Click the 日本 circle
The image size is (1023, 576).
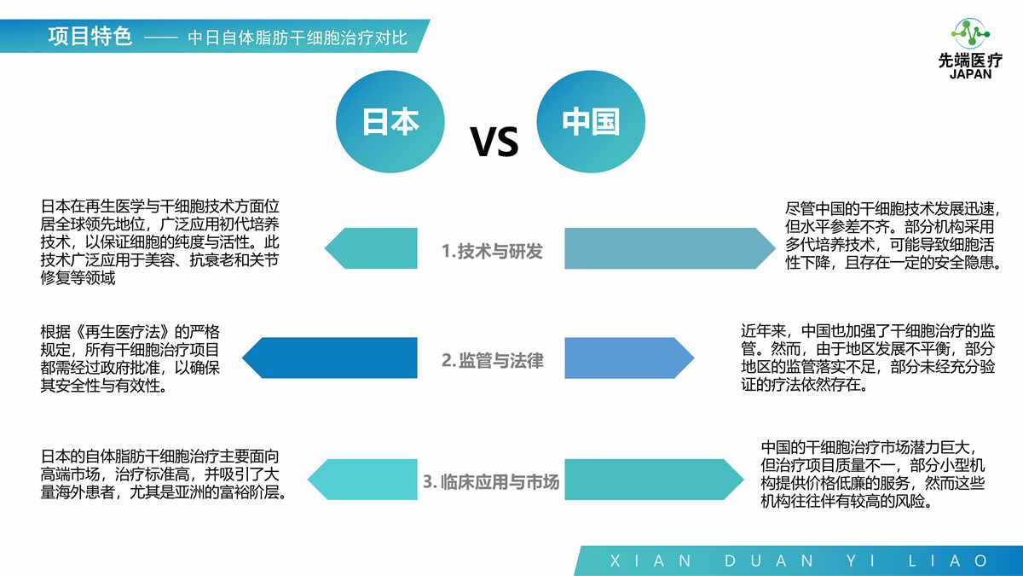[391, 122]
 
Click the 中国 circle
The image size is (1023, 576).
[590, 122]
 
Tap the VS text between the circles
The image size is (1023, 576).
[494, 142]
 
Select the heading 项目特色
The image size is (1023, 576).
[90, 37]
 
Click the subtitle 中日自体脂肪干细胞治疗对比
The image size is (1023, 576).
[298, 38]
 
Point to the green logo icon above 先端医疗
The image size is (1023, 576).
[970, 33]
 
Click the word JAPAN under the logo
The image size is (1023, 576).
[970, 74]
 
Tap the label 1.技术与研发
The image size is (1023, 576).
[492, 252]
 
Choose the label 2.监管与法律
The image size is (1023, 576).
[492, 361]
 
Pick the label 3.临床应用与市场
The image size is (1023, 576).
[491, 482]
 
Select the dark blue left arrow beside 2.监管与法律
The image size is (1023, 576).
[332, 358]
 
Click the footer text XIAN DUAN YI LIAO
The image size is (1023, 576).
[799, 561]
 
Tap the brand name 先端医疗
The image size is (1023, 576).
[970, 61]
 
